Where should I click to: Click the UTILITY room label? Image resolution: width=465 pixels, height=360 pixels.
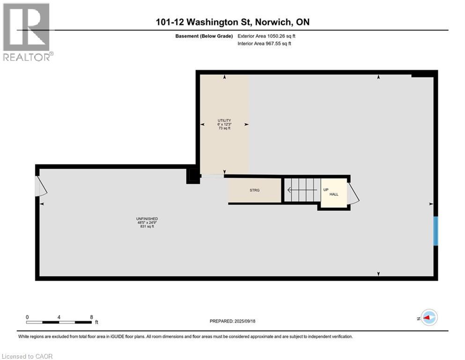coord(224,120)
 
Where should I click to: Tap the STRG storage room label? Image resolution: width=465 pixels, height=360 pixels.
coord(254,190)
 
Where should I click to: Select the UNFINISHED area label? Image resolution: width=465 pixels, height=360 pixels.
coord(147,219)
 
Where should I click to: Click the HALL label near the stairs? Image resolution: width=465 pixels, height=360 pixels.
coord(333,194)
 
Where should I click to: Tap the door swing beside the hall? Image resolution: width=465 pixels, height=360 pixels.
coord(354,193)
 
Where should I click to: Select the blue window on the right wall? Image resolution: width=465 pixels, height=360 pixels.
coord(435,231)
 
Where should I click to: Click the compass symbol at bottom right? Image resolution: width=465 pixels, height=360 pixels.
coord(428,318)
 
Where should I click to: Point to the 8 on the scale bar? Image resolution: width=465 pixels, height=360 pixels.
coord(90,317)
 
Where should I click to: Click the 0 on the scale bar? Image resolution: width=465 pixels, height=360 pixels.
coord(28,317)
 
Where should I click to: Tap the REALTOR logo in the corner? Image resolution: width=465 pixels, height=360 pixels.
coord(27,32)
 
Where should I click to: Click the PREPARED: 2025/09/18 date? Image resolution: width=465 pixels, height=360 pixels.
coord(232,321)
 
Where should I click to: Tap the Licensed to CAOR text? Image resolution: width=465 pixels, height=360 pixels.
coord(28,356)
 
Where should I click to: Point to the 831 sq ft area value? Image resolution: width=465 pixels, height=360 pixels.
coord(147,227)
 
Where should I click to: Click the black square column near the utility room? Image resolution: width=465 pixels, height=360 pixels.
coord(192,176)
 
